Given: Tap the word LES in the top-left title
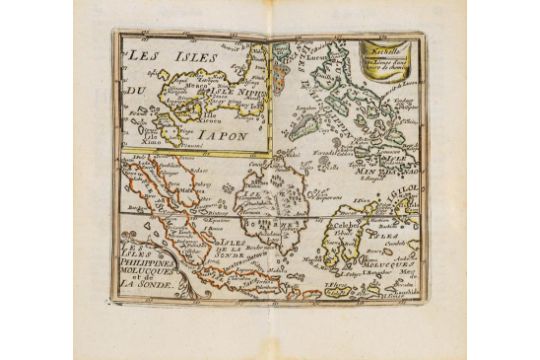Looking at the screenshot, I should (x=145, y=53).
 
